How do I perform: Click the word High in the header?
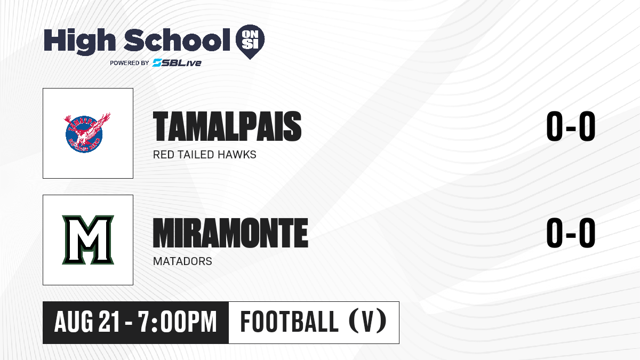click(79, 41)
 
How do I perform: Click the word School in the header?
click(177, 39)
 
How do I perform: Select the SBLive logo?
click(177, 62)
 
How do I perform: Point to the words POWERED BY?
click(130, 63)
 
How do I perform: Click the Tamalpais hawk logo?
click(87, 133)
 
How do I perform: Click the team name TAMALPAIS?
click(227, 126)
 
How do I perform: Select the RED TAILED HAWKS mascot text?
click(205, 155)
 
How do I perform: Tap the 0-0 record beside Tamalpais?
click(571, 126)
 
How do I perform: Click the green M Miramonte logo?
click(88, 239)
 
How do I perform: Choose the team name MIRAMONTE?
click(230, 233)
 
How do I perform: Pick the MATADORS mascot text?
click(182, 261)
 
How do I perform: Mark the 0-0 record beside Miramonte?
click(571, 233)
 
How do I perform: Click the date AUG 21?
click(86, 322)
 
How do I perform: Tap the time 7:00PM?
click(178, 322)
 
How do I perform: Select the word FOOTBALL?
click(290, 322)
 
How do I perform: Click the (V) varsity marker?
click(367, 321)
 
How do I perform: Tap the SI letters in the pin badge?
click(250, 45)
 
